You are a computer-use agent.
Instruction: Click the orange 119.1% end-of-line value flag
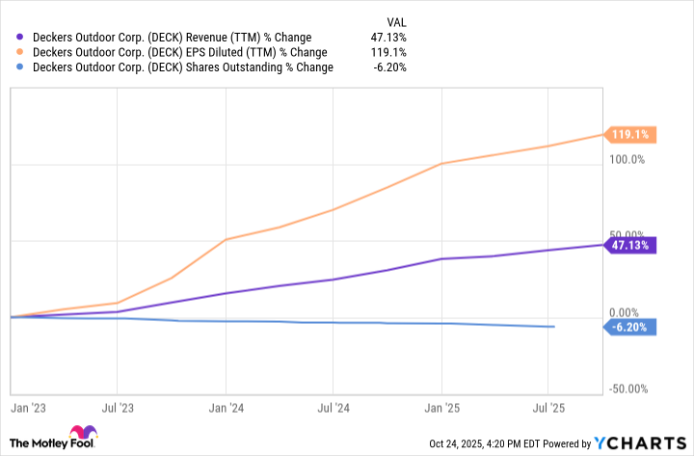coord(628,135)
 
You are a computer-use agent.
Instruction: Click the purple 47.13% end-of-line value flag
coord(631,246)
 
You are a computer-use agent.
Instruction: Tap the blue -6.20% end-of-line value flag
coord(631,327)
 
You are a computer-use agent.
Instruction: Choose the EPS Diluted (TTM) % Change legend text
coord(179,52)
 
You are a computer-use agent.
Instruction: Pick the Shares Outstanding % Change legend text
coord(183,67)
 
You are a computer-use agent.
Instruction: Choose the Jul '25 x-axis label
coord(548,408)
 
